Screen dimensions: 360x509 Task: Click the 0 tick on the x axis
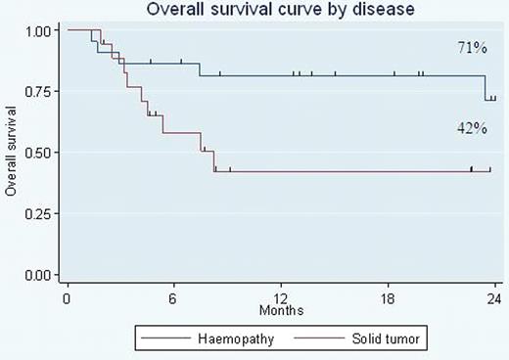[x=67, y=298]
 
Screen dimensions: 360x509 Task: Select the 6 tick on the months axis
[x=173, y=298]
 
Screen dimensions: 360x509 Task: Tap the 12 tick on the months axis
[x=281, y=298]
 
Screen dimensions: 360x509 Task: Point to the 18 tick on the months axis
[x=388, y=298]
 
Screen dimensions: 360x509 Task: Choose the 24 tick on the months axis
[x=494, y=298]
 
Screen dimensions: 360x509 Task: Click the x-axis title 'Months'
[x=281, y=310]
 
